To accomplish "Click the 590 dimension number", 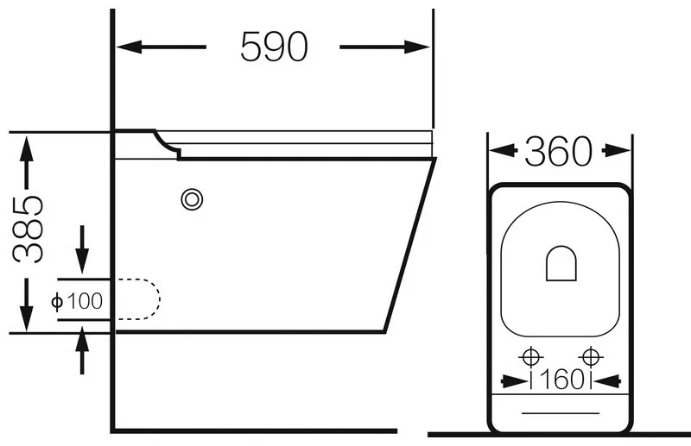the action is (274, 47).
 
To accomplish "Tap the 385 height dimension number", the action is (28, 229).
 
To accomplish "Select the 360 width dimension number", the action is (558, 152).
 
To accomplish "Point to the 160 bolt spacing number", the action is (561, 380).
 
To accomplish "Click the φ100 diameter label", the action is (77, 301).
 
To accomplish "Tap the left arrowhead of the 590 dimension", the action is (130, 47).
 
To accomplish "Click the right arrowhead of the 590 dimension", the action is (417, 47).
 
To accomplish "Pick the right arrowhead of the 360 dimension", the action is (618, 151).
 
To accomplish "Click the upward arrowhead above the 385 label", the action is (27, 149).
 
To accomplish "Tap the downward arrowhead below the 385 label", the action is (27, 317).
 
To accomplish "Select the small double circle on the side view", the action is (192, 199).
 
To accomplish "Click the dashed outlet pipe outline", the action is (160, 298).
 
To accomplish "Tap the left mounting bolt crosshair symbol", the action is (531, 356).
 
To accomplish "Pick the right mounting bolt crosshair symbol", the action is (590, 356).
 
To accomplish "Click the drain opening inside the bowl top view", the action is (561, 263).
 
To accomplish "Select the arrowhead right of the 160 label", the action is (607, 380).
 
